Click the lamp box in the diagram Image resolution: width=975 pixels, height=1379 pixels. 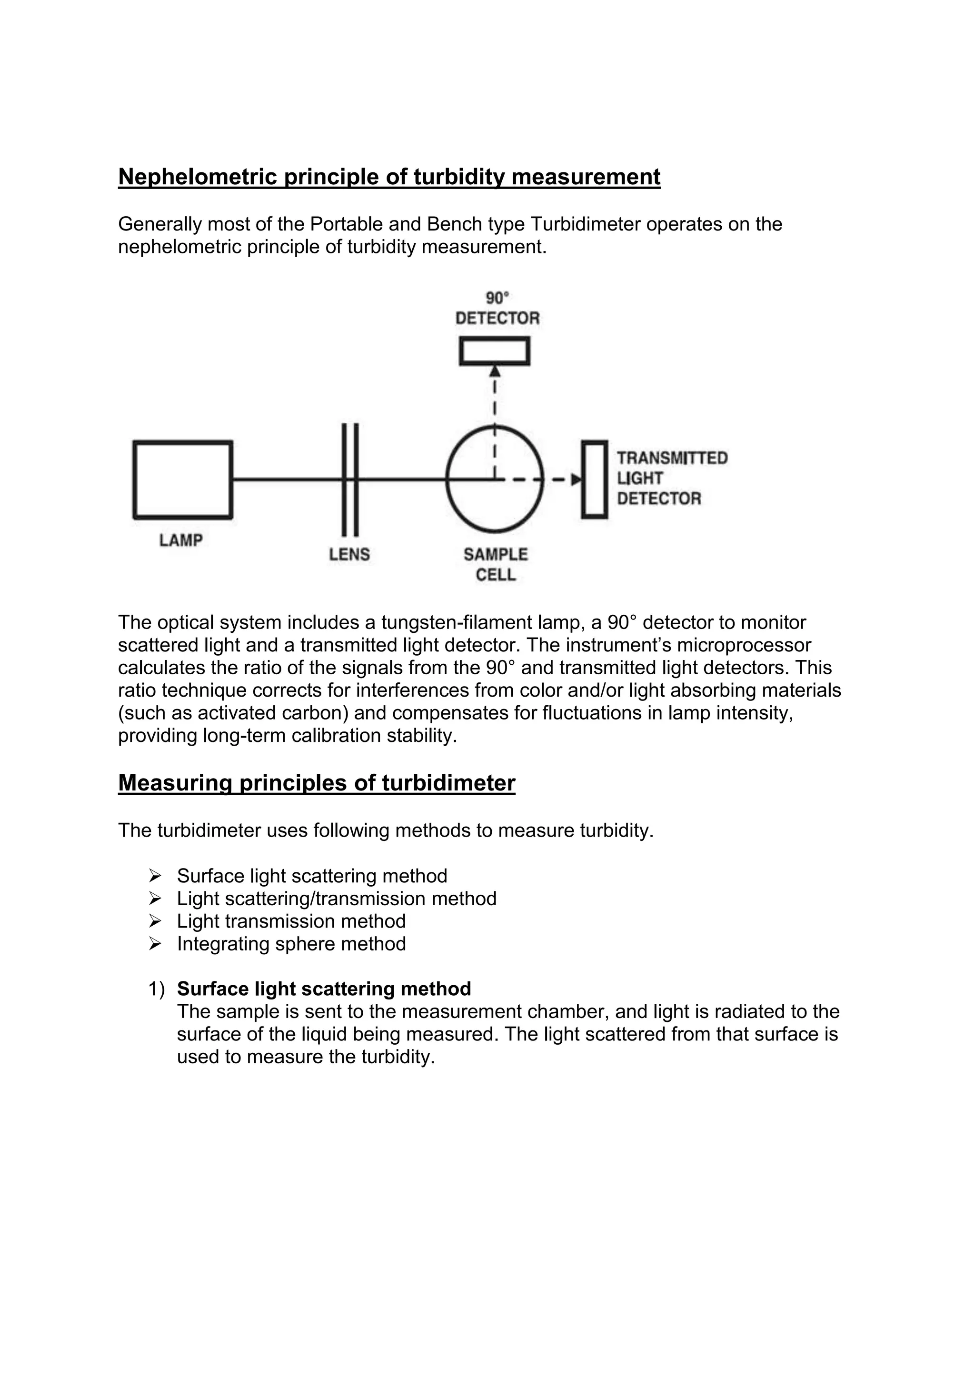(x=182, y=480)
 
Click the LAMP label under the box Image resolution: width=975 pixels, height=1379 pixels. (x=181, y=540)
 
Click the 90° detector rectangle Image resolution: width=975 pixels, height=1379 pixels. (x=494, y=351)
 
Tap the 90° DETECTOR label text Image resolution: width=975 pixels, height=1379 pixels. (x=497, y=318)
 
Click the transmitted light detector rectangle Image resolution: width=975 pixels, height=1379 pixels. (x=594, y=480)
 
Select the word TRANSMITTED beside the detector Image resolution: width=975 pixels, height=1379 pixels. (x=672, y=458)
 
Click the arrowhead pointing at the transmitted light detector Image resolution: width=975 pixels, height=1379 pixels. (x=577, y=480)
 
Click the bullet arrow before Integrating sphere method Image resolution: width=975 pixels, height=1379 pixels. (x=155, y=944)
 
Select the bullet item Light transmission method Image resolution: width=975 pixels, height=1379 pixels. (x=291, y=921)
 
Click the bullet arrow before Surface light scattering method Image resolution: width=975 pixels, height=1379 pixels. (x=155, y=876)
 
